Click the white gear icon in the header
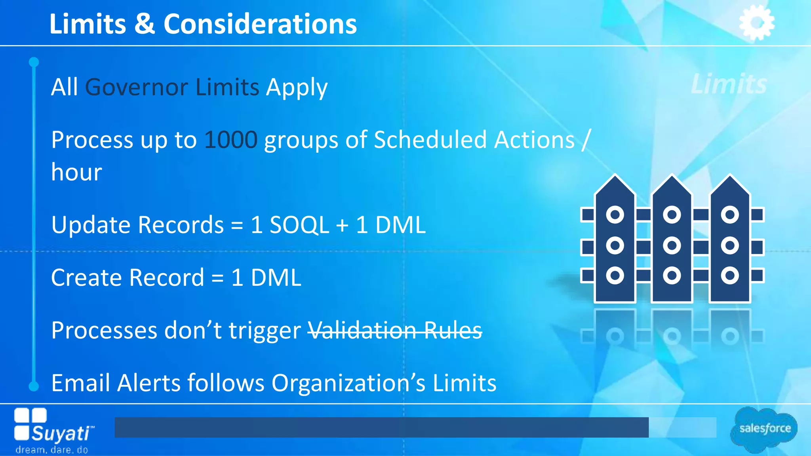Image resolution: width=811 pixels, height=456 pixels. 757,23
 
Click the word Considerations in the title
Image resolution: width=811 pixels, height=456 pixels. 260,24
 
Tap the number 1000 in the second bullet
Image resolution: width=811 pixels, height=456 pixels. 231,140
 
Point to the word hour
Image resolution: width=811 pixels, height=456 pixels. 76,172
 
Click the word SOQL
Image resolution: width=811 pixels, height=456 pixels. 299,225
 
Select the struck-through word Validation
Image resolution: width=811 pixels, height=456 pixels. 362,330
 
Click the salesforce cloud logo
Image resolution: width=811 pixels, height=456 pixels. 764,429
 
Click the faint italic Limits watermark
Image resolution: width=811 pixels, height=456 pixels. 729,84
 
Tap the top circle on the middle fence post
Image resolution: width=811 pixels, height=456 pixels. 672,215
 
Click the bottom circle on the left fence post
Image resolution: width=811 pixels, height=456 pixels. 615,275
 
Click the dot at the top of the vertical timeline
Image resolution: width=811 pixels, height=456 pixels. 34,62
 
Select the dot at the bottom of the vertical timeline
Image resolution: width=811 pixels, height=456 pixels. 34,386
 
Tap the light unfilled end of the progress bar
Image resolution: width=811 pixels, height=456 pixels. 682,427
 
